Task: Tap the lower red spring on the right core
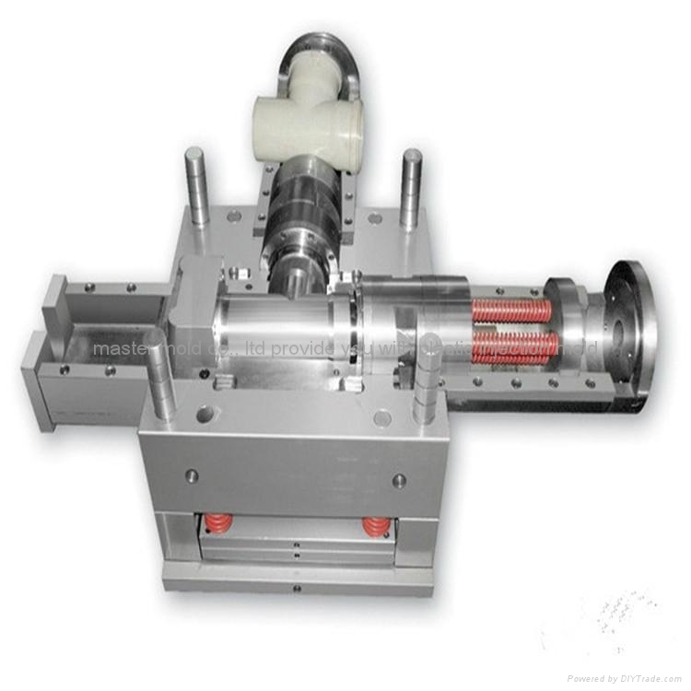click(515, 345)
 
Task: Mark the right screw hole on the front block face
click(399, 480)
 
